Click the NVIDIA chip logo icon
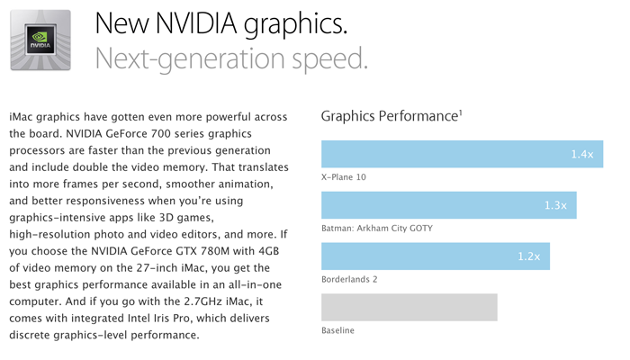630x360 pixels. (40, 40)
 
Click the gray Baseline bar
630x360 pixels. (409, 308)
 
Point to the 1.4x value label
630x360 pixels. (581, 155)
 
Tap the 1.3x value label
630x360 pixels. (554, 206)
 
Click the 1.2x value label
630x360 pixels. (528, 257)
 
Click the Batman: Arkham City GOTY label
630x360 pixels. (376, 229)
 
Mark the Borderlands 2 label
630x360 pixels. (349, 280)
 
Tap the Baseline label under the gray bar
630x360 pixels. (337, 331)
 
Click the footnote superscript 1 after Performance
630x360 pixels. (462, 112)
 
